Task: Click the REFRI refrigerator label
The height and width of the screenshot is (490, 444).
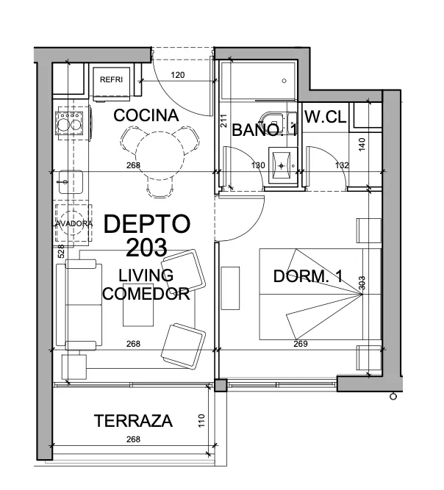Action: [x=111, y=79]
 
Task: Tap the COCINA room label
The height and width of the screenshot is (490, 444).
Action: [x=146, y=115]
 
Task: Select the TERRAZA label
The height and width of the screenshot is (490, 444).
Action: [x=133, y=421]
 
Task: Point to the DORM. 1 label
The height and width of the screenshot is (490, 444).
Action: [x=308, y=276]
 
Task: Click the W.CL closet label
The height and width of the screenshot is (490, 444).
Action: [x=326, y=117]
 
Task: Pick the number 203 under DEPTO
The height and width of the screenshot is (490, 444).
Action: [x=146, y=248]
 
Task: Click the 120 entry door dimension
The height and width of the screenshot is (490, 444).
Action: [x=178, y=75]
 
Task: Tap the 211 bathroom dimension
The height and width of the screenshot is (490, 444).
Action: [x=223, y=120]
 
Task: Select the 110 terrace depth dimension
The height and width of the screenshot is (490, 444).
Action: [x=201, y=421]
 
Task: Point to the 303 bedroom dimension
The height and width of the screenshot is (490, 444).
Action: [x=362, y=283]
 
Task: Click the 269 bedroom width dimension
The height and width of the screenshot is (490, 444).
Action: [x=301, y=344]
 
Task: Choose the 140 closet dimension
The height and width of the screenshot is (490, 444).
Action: [x=362, y=145]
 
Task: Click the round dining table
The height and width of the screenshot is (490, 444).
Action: [x=160, y=156]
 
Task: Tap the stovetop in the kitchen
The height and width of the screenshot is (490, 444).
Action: [x=69, y=123]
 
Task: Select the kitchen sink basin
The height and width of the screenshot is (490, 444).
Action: [x=71, y=182]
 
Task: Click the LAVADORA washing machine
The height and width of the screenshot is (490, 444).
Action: [x=74, y=223]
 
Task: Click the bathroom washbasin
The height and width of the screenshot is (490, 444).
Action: [x=282, y=165]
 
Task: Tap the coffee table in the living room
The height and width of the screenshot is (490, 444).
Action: [x=138, y=306]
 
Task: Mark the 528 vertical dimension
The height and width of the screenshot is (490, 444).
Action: [x=61, y=251]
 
